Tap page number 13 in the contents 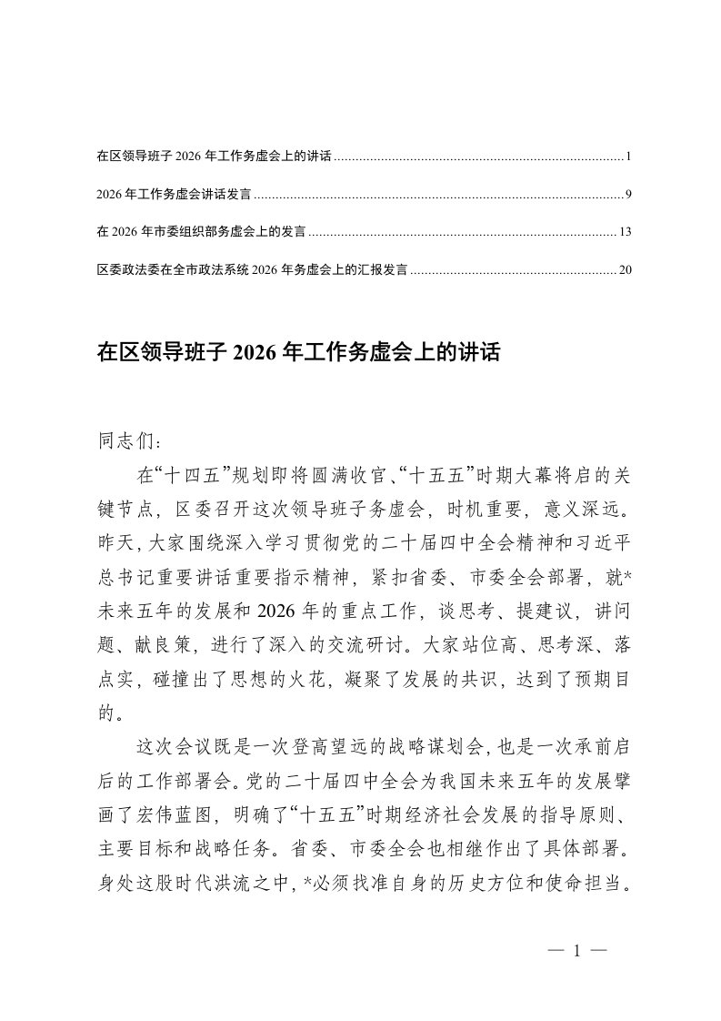[x=625, y=232]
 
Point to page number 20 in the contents [x=625, y=269]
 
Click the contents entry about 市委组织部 [x=199, y=232]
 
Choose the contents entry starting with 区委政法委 [x=251, y=269]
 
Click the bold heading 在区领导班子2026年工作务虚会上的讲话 [x=298, y=353]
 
